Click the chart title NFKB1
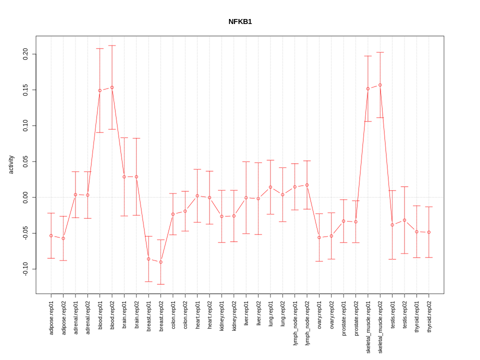(x=240, y=21)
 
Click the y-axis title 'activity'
(x=11, y=164)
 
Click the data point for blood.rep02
(x=112, y=87)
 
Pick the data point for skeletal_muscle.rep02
(x=380, y=85)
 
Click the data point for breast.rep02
(x=160, y=262)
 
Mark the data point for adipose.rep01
(x=51, y=235)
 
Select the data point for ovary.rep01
(x=319, y=237)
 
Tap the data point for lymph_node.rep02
(x=307, y=185)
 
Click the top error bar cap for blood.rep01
(x=99, y=48)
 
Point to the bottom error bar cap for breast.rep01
(x=148, y=281)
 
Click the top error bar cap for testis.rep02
(x=404, y=186)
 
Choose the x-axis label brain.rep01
(x=124, y=314)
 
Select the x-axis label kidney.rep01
(x=221, y=315)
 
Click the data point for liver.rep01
(x=246, y=198)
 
